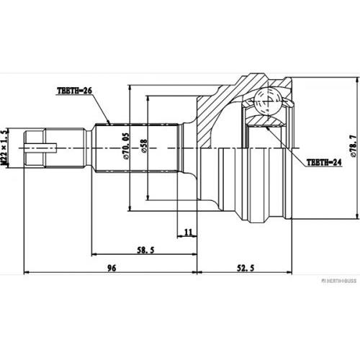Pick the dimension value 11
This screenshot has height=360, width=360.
click(188, 231)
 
